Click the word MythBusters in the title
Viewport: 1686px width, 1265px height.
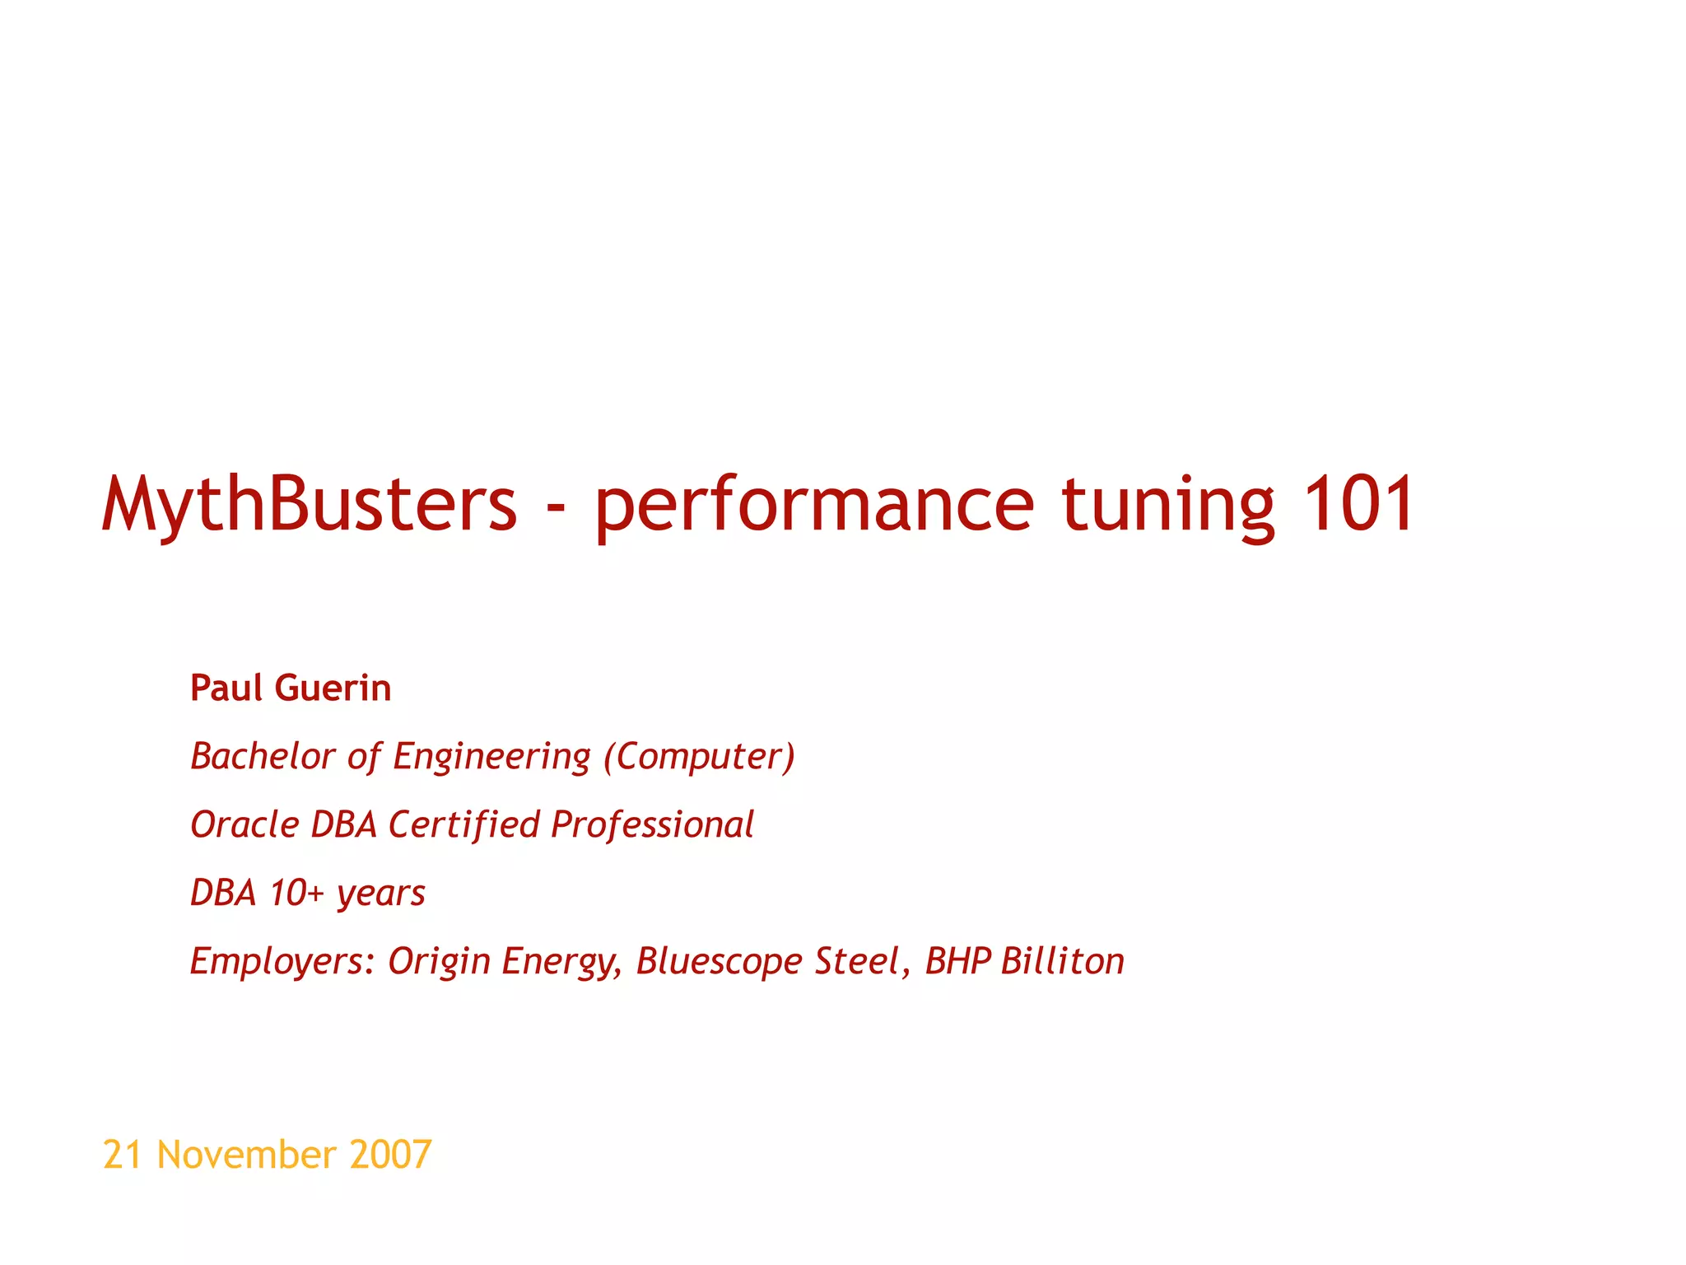[x=310, y=504]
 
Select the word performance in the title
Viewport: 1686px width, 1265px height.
[x=814, y=504]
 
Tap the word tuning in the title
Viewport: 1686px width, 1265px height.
[x=1168, y=504]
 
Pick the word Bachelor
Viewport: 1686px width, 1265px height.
[x=263, y=756]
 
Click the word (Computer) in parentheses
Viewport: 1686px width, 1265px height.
[x=700, y=757]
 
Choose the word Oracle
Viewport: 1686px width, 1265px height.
[x=244, y=824]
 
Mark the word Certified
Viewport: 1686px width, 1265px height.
[x=464, y=824]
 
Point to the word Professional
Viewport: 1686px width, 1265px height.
[x=652, y=824]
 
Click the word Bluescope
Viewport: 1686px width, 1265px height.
[x=720, y=962]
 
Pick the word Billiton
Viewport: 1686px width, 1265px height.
[x=1063, y=961]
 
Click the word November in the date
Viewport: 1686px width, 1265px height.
[x=246, y=1155]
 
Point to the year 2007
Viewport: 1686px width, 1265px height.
[x=390, y=1155]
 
